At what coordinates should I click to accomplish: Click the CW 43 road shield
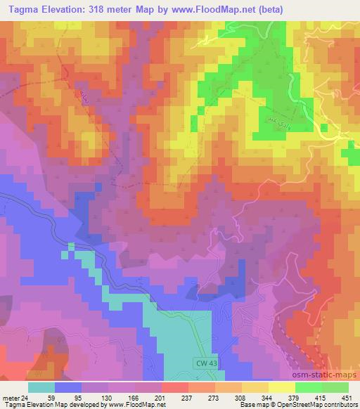[203, 362]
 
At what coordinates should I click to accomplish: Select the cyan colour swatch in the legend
[41, 387]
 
